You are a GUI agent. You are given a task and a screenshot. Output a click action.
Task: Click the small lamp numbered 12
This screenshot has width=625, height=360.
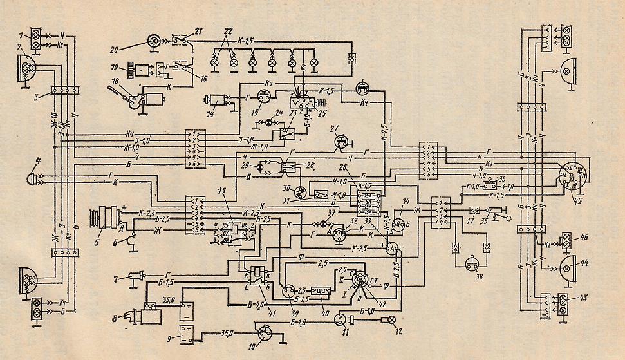tap(389, 320)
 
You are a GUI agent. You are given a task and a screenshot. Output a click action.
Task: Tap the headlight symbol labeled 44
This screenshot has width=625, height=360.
tap(568, 265)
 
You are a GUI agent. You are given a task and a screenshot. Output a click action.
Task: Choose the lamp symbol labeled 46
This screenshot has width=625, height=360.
tap(567, 239)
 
